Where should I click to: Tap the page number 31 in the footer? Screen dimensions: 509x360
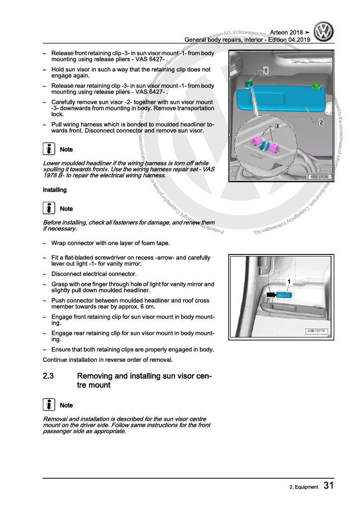pos(328,486)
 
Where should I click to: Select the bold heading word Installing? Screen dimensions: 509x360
pos(55,190)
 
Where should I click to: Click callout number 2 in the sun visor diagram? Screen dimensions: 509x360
pos(321,122)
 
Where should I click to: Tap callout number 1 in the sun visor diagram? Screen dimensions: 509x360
pos(266,71)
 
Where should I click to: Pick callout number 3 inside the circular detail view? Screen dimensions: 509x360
pos(277,127)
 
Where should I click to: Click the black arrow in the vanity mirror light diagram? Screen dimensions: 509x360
pos(272,295)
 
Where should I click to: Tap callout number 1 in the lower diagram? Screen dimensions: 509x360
pos(289,282)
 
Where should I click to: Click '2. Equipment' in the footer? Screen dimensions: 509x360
pos(304,487)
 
